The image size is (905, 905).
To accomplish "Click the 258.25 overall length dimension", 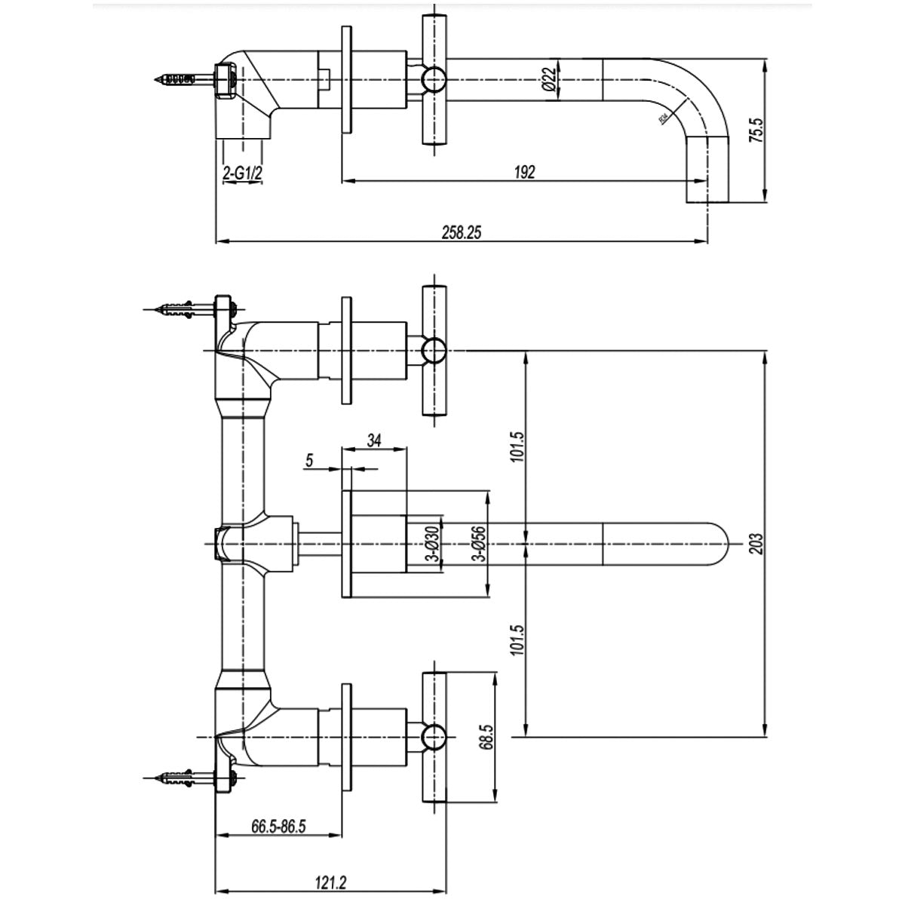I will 460,233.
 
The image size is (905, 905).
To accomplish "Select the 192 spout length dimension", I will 526,172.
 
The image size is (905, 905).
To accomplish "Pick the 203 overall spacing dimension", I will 758,543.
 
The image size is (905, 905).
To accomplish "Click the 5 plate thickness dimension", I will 311,460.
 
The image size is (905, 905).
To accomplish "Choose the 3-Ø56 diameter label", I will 477,543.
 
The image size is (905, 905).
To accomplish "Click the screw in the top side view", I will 183,78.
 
